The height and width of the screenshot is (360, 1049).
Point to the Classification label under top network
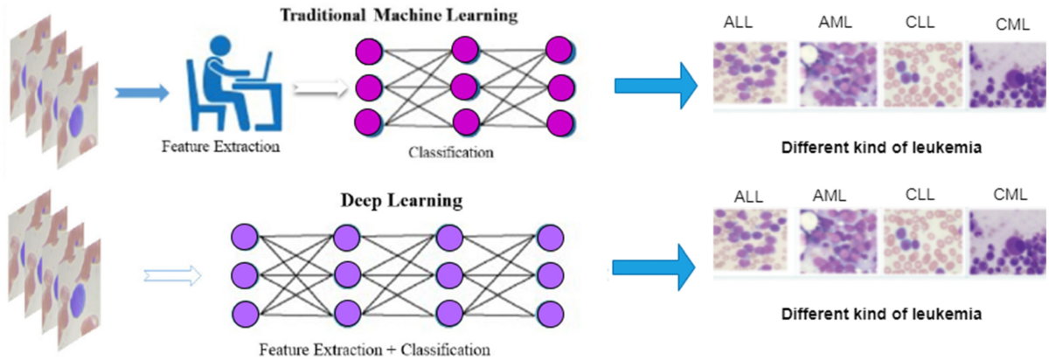pyautogui.click(x=450, y=152)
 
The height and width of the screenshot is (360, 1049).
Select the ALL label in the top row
pyautogui.click(x=737, y=23)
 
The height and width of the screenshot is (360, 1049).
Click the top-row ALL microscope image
pyautogui.click(x=750, y=75)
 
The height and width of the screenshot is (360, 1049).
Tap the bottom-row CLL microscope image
pyautogui.click(x=920, y=243)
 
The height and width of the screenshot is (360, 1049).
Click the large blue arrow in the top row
pyautogui.click(x=655, y=86)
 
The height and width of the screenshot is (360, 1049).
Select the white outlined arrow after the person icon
pyautogui.click(x=318, y=87)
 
